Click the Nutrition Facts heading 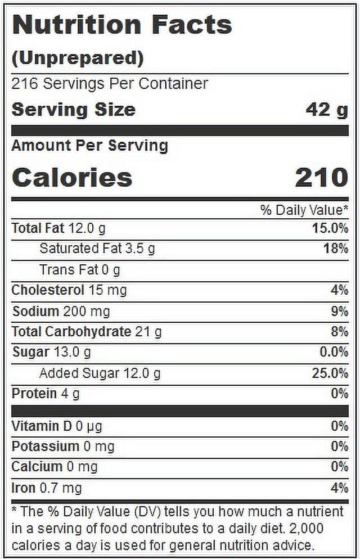(122, 25)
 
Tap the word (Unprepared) (78, 58)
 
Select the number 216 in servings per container (24, 83)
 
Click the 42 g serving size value (326, 110)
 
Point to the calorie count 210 (322, 178)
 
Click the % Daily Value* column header (304, 210)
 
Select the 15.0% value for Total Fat (330, 228)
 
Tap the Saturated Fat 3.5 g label (97, 249)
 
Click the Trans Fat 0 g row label (80, 270)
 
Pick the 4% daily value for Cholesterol (339, 290)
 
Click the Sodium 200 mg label (61, 311)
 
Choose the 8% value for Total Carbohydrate (339, 332)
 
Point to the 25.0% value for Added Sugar (330, 373)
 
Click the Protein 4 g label (46, 394)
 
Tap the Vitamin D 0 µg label (57, 426)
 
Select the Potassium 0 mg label (63, 447)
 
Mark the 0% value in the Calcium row (339, 467)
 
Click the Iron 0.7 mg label (47, 488)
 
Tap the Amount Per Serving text (90, 146)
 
